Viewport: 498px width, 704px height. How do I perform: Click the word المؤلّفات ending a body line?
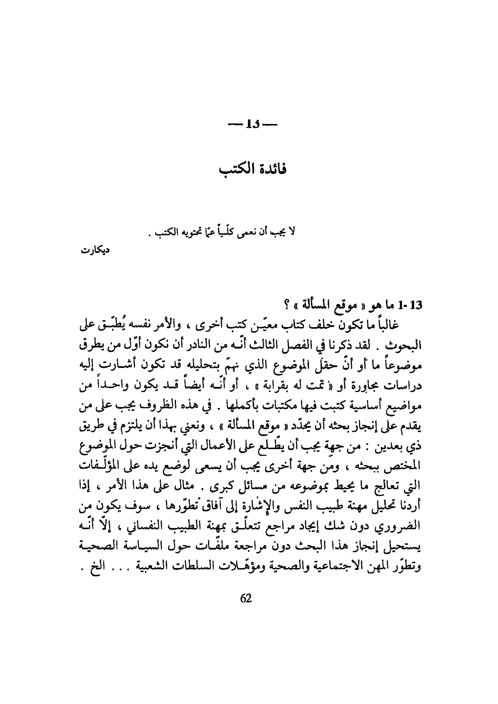pyautogui.click(x=96, y=466)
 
